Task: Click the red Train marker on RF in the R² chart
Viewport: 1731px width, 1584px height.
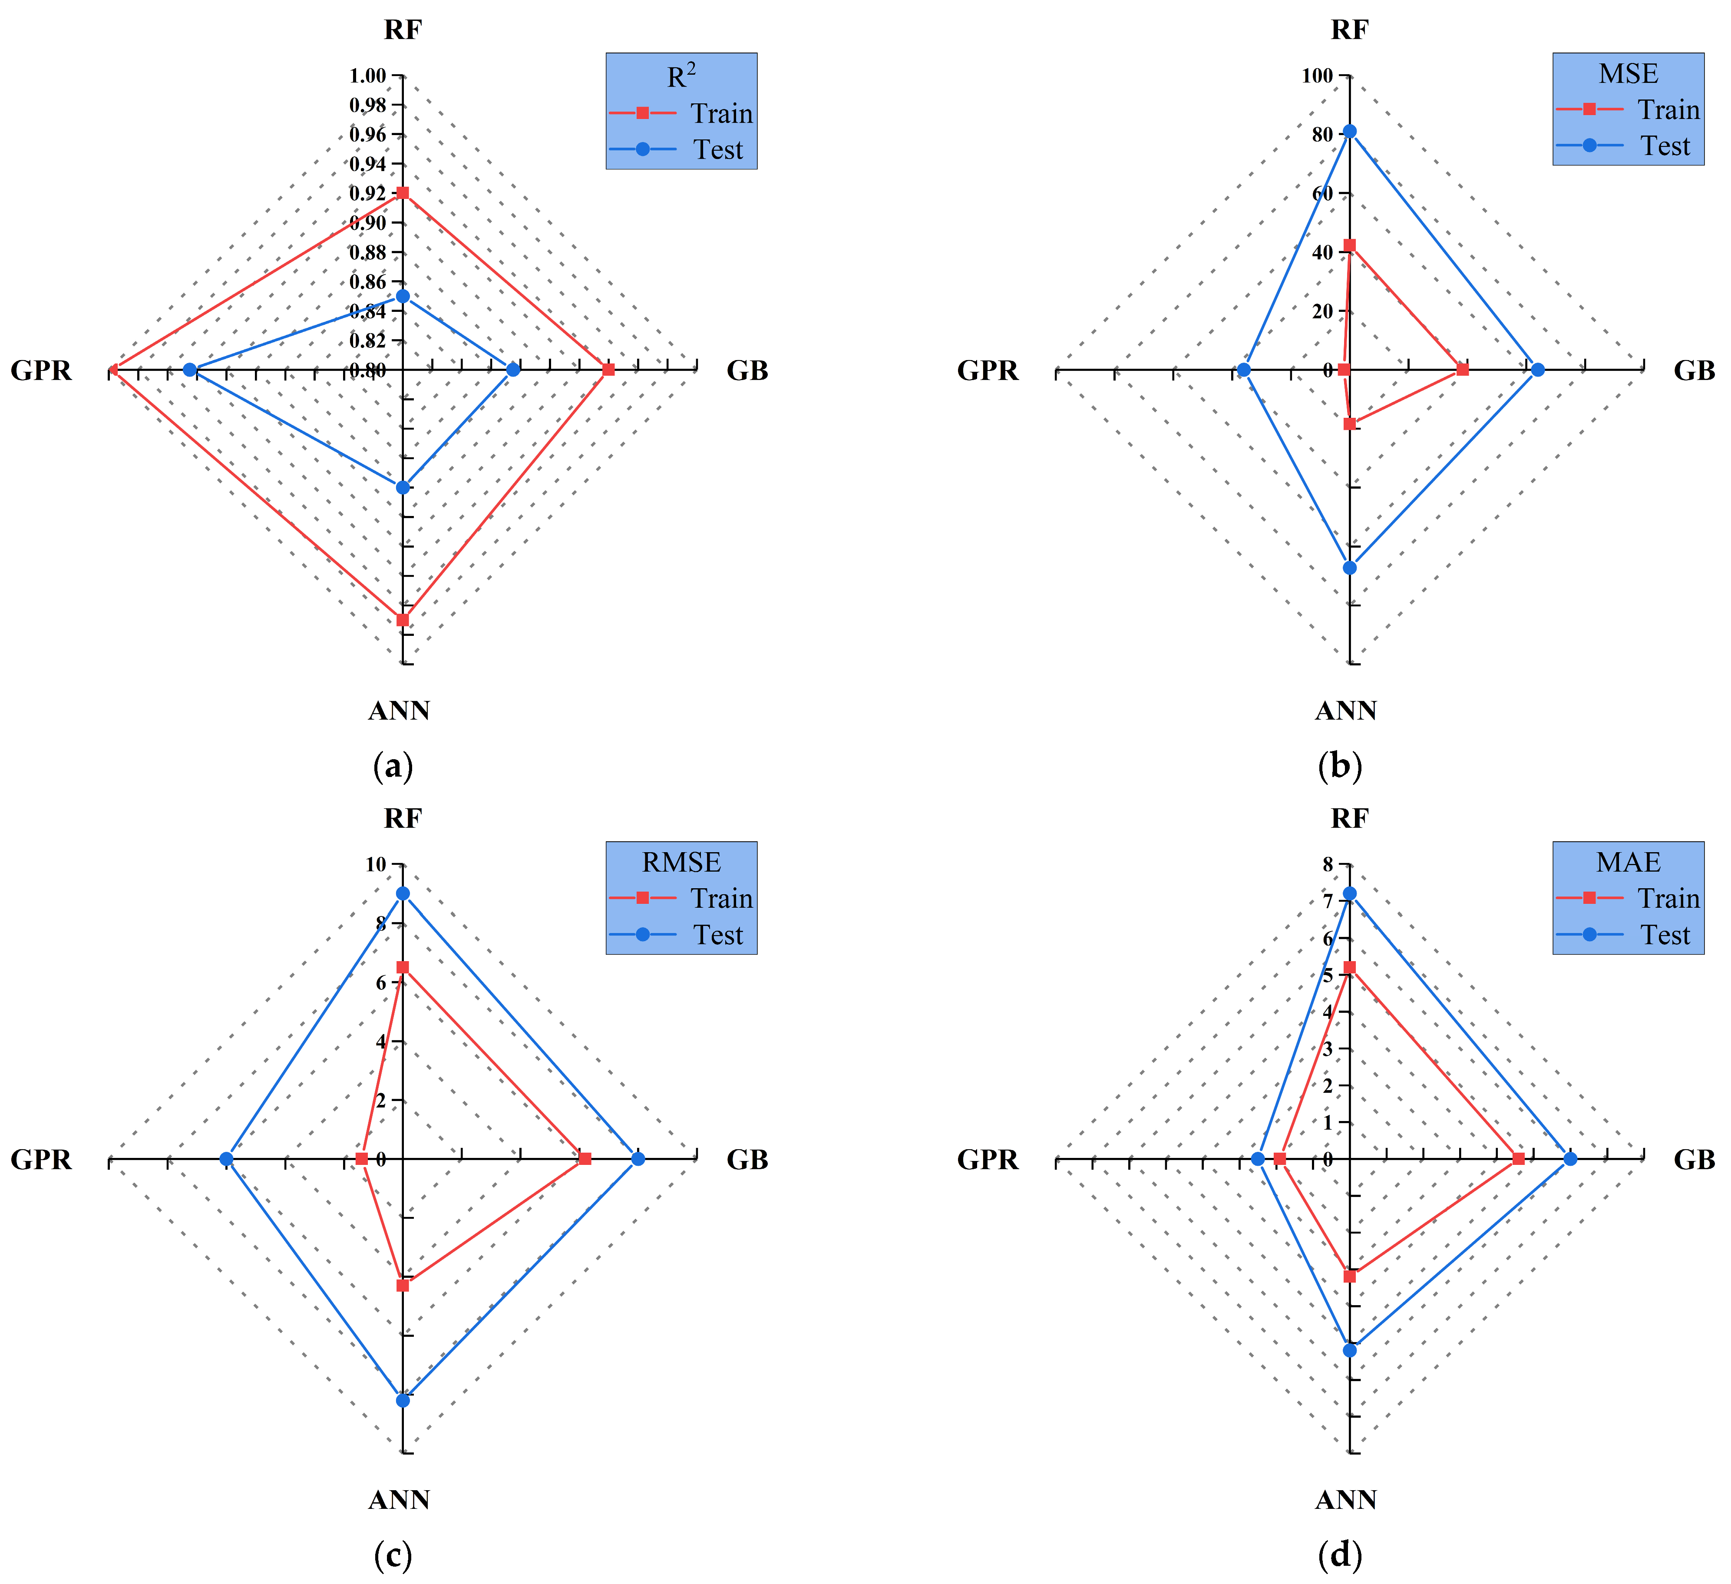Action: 402,193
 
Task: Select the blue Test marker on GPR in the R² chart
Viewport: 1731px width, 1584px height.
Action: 190,370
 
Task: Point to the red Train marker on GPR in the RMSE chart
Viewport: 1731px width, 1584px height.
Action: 361,1159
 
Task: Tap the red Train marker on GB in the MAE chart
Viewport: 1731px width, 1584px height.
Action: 1518,1159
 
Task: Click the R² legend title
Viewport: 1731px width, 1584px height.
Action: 681,76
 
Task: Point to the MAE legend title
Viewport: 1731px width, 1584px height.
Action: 1628,862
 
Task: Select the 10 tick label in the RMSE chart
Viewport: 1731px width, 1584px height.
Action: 376,865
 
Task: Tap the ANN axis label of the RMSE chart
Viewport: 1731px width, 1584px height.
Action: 398,1500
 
